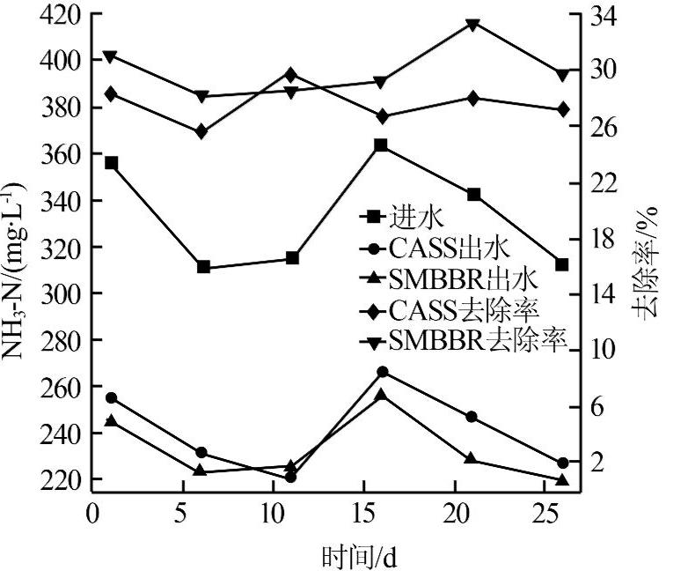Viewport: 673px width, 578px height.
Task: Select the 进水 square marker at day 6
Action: pyautogui.click(x=203, y=267)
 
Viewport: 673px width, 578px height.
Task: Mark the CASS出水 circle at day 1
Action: pyautogui.click(x=111, y=398)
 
